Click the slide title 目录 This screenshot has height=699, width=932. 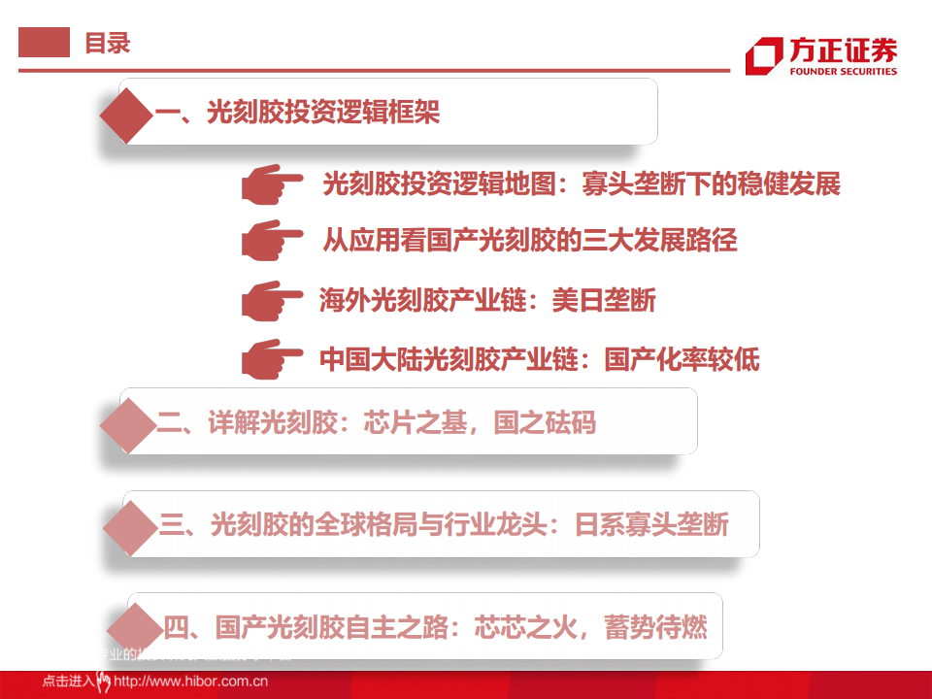pos(107,44)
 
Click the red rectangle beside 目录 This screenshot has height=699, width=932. pos(45,43)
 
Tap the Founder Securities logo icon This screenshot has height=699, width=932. pos(764,55)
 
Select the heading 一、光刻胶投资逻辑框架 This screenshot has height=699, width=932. pos(297,114)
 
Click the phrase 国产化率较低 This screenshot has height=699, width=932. pos(682,359)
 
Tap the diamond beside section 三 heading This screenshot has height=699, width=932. pos(132,525)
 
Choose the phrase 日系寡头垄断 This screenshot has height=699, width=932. pos(651,525)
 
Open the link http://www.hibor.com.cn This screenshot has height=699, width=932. pos(190,682)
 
